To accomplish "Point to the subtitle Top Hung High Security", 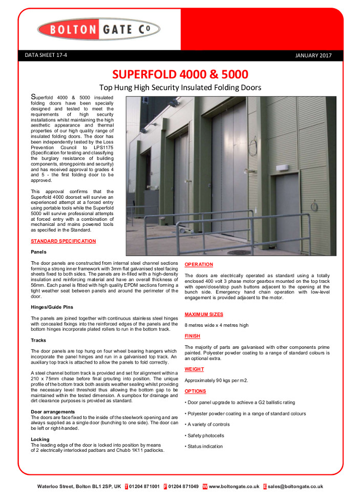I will pos(180,88).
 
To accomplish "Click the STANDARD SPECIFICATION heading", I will pos(63,241).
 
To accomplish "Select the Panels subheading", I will pos(38,252).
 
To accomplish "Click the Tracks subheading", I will pos(38,340).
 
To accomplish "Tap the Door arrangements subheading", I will pos(53,412).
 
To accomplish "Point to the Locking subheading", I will pos(40,439).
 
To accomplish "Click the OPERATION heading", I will pos(199,264).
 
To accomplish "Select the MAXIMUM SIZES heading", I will pos(203,314).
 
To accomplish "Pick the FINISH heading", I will pos(193,336).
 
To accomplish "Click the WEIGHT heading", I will pos(194,369).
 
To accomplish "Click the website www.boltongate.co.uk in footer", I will pos(234,487).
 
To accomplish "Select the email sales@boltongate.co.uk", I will pos(295,487).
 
